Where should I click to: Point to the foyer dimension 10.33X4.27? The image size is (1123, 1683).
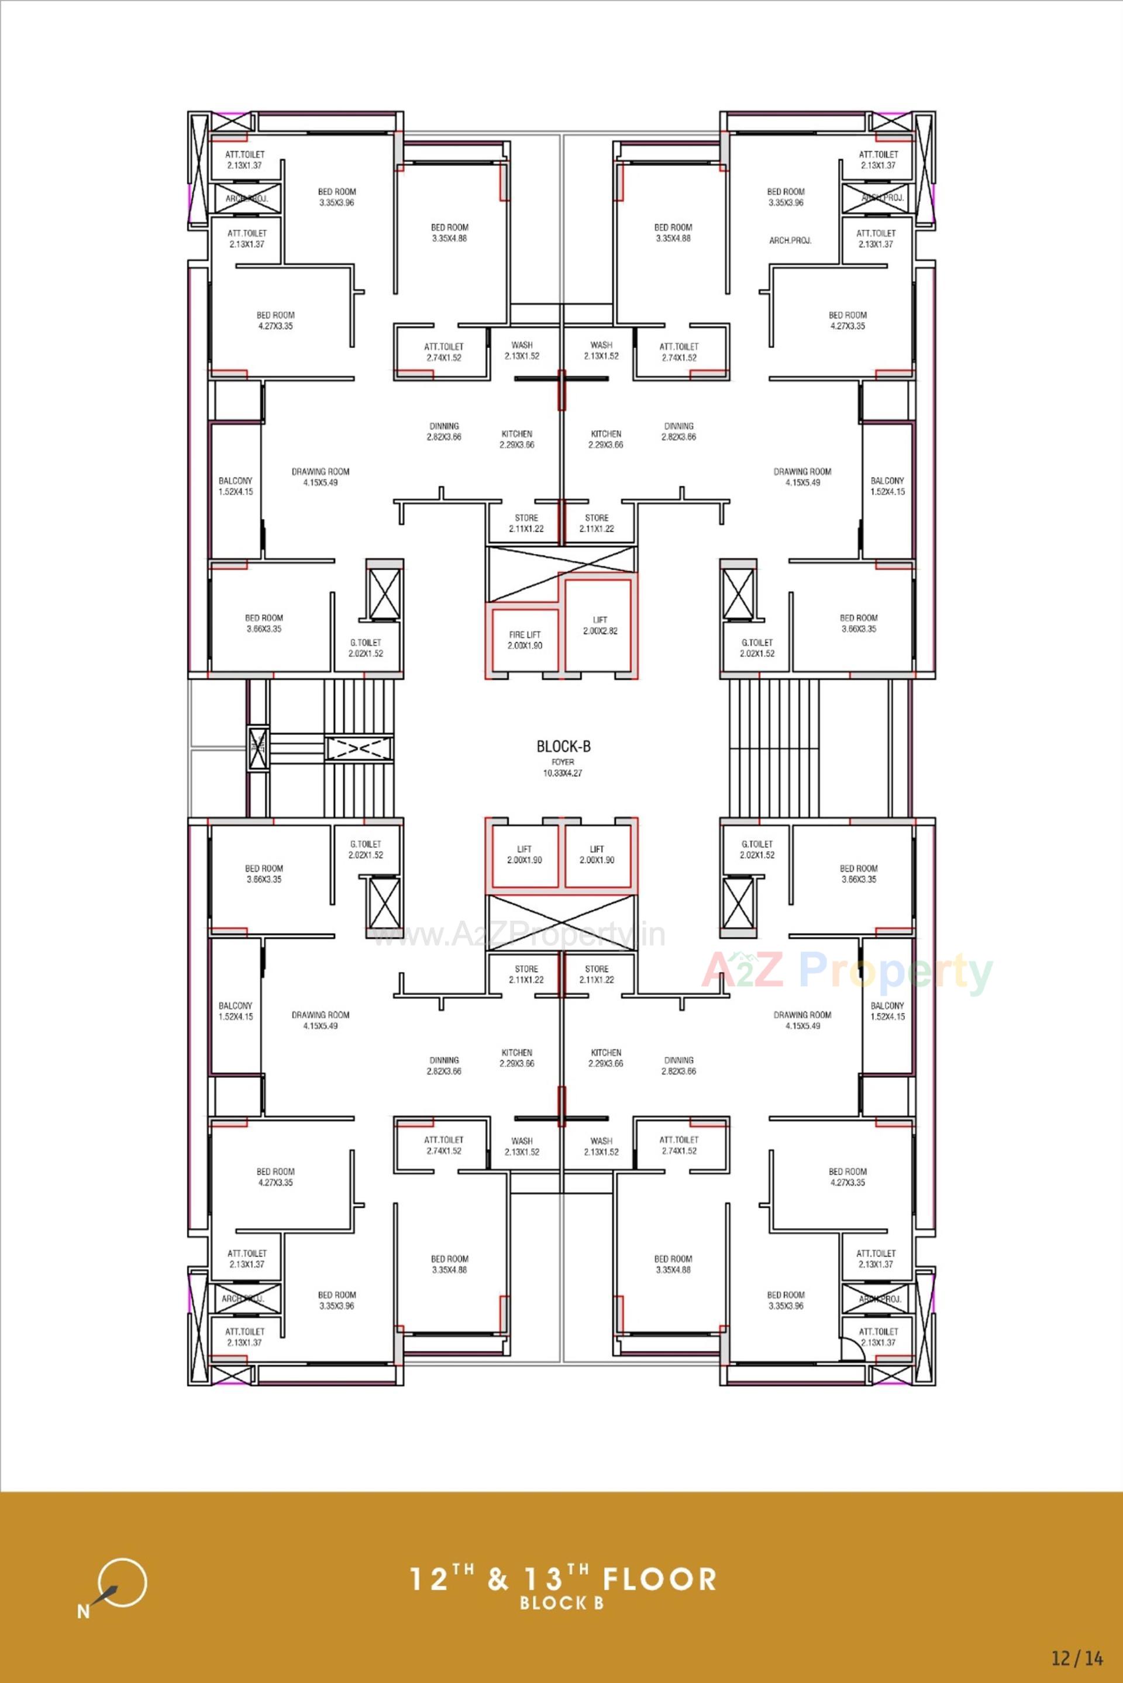click(x=563, y=773)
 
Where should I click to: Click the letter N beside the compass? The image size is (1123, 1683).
click(x=84, y=1612)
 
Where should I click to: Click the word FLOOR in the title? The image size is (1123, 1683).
click(x=659, y=1579)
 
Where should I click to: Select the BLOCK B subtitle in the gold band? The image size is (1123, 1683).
click(x=562, y=1603)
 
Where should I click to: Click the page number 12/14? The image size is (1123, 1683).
click(x=1077, y=1657)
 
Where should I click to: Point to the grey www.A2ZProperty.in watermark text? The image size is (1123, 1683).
click(x=520, y=935)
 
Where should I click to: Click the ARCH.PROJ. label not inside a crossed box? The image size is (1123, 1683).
click(x=790, y=240)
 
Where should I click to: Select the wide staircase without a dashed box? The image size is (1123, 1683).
click(x=773, y=748)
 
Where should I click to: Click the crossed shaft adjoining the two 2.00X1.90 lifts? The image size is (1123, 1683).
click(x=561, y=924)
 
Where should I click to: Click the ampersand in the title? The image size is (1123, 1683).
click(x=498, y=1579)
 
